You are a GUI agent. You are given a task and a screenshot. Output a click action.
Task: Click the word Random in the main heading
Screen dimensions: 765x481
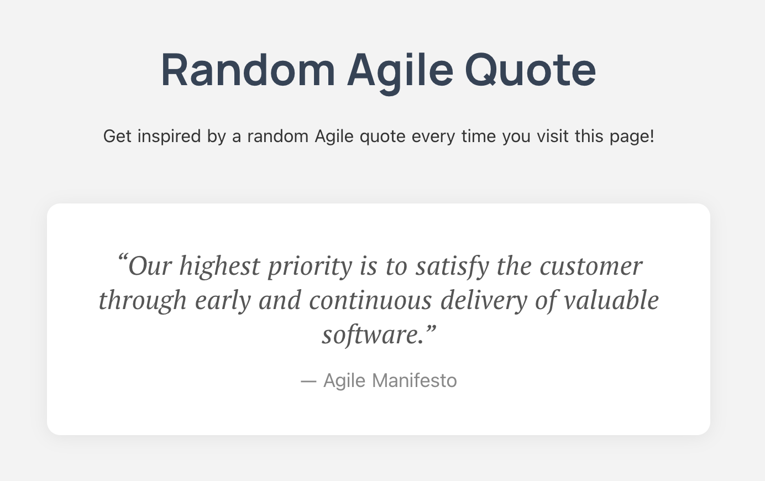(x=248, y=70)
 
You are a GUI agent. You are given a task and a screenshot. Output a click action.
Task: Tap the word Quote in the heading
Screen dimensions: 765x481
(x=531, y=70)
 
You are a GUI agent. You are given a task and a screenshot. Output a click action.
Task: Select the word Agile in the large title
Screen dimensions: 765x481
(x=400, y=71)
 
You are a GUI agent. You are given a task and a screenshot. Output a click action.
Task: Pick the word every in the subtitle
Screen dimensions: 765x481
(x=433, y=137)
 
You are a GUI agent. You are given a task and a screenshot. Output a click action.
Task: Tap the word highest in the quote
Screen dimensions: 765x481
(x=220, y=267)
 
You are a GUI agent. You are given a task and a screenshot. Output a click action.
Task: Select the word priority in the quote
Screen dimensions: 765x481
(x=310, y=267)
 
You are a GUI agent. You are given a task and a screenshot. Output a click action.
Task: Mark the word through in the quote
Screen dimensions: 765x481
(x=143, y=301)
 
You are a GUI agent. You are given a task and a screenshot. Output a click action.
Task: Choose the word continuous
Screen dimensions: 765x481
(x=370, y=301)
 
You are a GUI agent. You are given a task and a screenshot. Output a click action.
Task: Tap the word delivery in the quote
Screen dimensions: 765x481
(x=484, y=301)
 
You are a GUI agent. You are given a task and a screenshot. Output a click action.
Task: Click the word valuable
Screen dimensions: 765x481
(x=611, y=300)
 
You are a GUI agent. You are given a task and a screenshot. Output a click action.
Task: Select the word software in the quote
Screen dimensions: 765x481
(x=370, y=335)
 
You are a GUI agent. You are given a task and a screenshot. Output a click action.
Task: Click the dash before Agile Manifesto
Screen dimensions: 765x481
(x=308, y=382)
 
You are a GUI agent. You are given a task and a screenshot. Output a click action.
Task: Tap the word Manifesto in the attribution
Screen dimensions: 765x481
(x=414, y=380)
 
